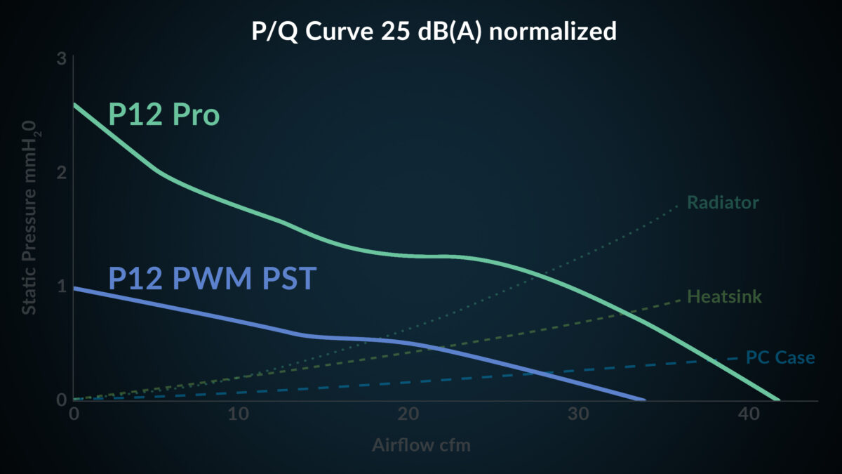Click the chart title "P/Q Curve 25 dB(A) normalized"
point(434,32)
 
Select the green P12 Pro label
point(163,115)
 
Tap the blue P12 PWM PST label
point(213,279)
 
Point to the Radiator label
point(723,203)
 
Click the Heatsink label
point(724,296)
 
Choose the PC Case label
point(780,357)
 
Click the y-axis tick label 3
point(61,59)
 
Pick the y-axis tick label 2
point(61,173)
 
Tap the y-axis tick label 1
point(61,287)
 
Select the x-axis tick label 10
point(239,414)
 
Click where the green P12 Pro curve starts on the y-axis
point(74,105)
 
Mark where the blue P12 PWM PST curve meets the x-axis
point(644,400)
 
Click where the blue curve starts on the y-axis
point(74,288)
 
